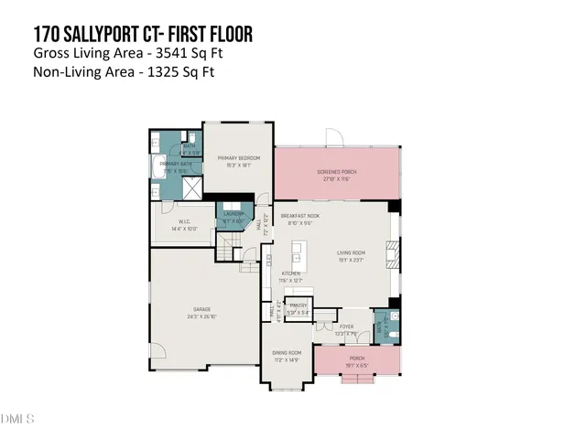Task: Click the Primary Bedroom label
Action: [239, 158]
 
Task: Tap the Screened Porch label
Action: [336, 171]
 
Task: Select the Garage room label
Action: [203, 309]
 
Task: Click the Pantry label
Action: [298, 305]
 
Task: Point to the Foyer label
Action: [346, 327]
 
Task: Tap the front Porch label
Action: [356, 358]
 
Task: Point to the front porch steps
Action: [356, 380]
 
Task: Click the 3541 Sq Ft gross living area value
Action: [193, 54]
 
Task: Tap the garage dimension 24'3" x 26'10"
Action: [203, 316]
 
